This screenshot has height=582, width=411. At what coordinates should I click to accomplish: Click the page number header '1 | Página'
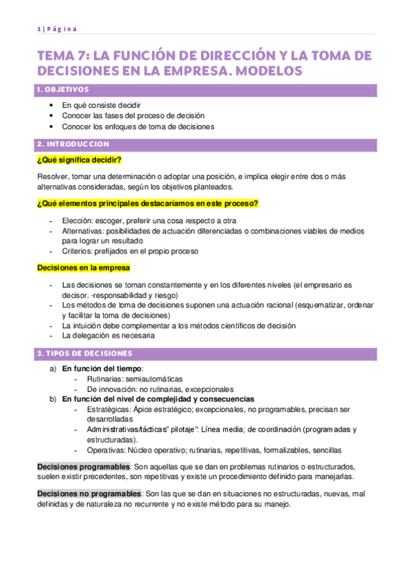(x=57, y=28)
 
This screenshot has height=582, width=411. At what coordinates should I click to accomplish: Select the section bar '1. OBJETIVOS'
(x=206, y=89)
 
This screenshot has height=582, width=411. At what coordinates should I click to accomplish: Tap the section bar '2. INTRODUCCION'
(x=206, y=145)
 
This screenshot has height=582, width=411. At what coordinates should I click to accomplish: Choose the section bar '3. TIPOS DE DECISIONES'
(x=206, y=353)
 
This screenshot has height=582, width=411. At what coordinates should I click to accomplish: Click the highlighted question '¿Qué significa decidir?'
(x=79, y=161)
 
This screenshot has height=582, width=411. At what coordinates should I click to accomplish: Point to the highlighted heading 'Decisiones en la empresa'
(x=83, y=268)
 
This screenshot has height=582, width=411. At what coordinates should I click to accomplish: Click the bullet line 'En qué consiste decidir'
(x=102, y=105)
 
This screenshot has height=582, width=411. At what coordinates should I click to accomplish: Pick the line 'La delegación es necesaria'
(x=108, y=336)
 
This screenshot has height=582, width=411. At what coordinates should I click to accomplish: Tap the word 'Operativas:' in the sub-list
(x=107, y=450)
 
